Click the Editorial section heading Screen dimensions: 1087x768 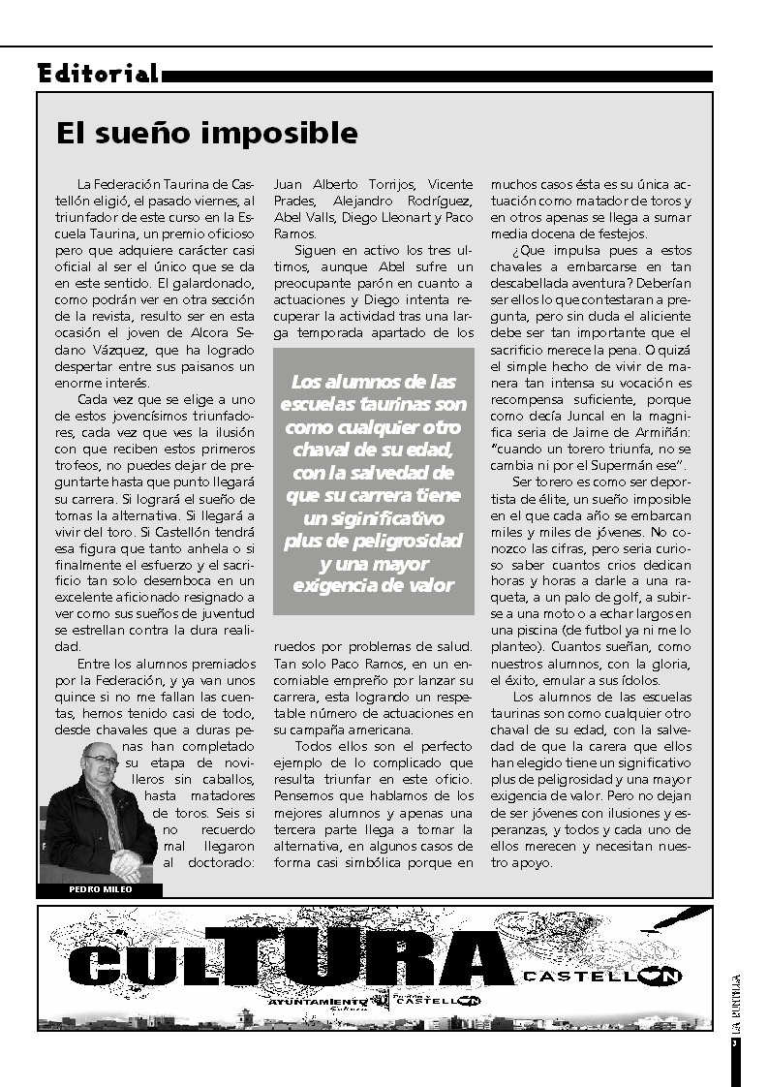click(x=98, y=74)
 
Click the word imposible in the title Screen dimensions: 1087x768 click(x=288, y=133)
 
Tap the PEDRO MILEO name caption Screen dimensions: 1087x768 click(x=100, y=889)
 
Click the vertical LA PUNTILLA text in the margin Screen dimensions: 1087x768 click(x=737, y=1008)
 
